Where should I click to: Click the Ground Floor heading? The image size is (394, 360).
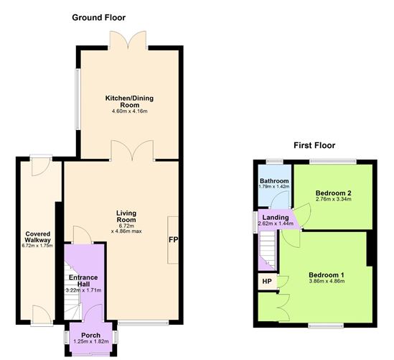99,18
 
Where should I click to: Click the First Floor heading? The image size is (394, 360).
314,145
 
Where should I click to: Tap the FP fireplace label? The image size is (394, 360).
173,240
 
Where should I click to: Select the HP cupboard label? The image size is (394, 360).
267,281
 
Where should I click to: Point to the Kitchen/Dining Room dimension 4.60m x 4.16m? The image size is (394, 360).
129,111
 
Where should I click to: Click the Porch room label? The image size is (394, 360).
90,335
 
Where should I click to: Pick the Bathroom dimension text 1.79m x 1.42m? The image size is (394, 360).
274,187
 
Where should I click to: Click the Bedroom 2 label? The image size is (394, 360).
334,193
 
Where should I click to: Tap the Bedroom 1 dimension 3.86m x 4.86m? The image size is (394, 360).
327,281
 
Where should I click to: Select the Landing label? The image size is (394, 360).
276,217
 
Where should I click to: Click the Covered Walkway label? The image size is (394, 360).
38,237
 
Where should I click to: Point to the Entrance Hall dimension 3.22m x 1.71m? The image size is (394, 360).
83,290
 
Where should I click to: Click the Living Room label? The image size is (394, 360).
126,216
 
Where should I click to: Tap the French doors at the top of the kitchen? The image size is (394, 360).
128,40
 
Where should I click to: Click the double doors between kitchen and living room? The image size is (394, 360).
132,150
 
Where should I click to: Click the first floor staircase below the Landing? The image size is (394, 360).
268,250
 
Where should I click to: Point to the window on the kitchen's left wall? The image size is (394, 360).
78,99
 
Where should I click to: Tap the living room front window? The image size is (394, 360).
144,323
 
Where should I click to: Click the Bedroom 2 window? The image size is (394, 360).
333,161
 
